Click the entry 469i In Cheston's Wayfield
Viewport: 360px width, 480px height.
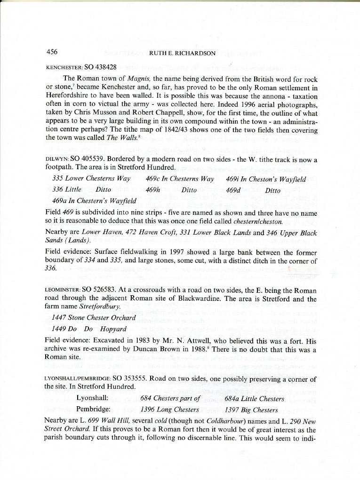tap(266, 179)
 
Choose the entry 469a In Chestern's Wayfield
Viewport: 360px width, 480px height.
tap(91, 201)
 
